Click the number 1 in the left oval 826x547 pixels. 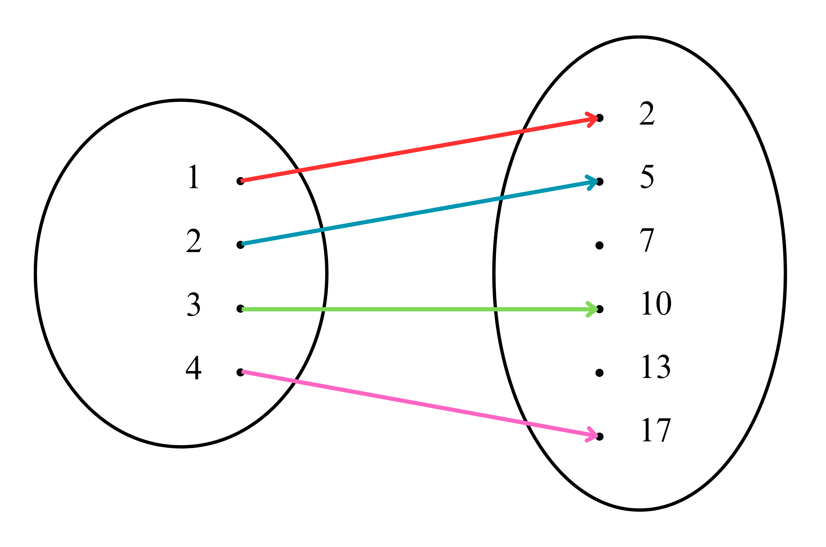[x=194, y=176]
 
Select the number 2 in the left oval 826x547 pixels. [x=194, y=241]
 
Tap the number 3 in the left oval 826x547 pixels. [x=194, y=304]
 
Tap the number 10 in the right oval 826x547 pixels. [x=657, y=303]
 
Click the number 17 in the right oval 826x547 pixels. [x=657, y=430]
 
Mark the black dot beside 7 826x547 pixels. [x=599, y=246]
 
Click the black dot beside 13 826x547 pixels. [x=599, y=373]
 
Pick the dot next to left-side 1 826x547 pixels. [x=240, y=181]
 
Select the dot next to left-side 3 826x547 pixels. [x=240, y=309]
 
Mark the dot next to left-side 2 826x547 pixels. [x=240, y=245]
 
